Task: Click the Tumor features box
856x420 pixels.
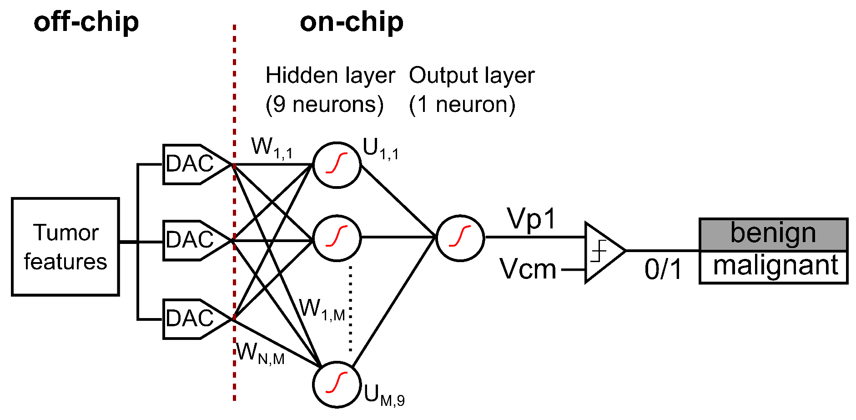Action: click(x=65, y=247)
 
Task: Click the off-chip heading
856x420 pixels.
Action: click(x=86, y=22)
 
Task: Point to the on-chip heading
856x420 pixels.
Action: click(x=351, y=22)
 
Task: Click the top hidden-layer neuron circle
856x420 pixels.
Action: click(x=337, y=164)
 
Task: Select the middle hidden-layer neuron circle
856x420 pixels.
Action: click(x=337, y=238)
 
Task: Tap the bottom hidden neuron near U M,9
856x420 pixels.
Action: click(x=337, y=384)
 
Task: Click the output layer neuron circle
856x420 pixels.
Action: click(x=460, y=238)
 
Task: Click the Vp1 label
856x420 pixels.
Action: click(x=531, y=219)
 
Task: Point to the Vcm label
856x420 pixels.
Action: click(x=528, y=269)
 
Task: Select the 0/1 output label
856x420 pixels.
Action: click(x=663, y=269)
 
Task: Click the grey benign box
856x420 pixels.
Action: click(x=773, y=234)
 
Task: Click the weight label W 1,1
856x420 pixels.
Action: click(x=272, y=148)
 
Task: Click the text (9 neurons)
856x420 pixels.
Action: click(x=324, y=105)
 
